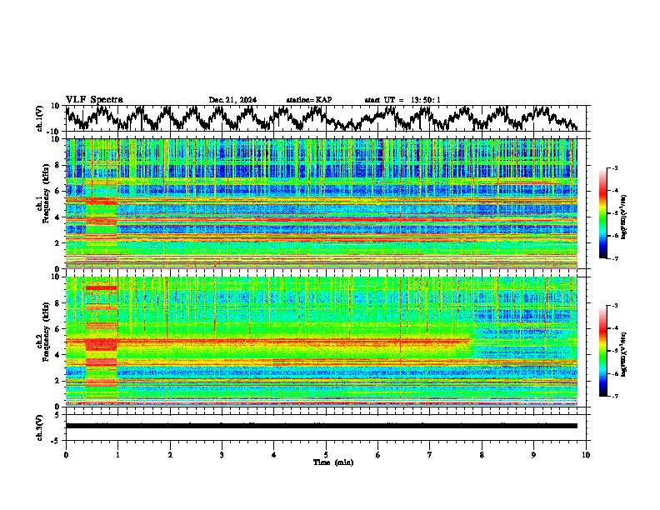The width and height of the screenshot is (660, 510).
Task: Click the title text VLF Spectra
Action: (x=94, y=99)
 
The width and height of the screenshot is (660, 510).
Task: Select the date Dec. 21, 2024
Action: (x=232, y=100)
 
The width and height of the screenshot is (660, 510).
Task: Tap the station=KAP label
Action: (x=308, y=100)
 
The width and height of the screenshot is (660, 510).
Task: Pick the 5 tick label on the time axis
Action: (x=326, y=453)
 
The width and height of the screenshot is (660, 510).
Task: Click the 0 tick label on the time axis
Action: (x=66, y=453)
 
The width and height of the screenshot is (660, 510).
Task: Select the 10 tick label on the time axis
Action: (x=586, y=453)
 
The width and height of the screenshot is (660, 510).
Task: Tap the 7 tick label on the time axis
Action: (x=430, y=453)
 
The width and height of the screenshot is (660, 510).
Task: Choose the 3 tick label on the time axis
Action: (x=222, y=453)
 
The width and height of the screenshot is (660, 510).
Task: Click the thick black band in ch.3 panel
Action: (x=321, y=426)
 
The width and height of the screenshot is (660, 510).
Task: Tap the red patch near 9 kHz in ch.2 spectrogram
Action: (x=102, y=288)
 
